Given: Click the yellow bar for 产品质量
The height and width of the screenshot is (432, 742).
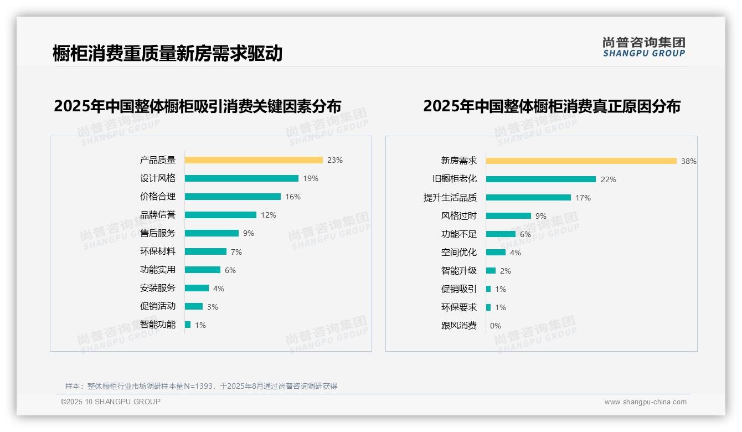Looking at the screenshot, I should (254, 160).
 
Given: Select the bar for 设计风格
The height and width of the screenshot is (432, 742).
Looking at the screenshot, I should (241, 178).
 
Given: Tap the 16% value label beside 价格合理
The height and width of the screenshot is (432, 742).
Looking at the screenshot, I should (293, 197).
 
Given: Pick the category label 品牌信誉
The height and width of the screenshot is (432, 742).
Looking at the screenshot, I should (158, 215).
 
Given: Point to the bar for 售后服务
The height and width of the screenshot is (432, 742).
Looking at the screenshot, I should (212, 233).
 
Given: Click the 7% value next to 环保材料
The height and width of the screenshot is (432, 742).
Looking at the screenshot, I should (236, 252).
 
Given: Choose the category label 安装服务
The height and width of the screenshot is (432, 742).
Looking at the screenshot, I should (158, 288).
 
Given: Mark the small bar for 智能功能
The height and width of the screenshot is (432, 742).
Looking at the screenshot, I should (188, 325).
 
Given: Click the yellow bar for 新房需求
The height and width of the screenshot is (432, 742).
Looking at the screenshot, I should (581, 161).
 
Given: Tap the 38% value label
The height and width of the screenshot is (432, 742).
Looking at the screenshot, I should (689, 161).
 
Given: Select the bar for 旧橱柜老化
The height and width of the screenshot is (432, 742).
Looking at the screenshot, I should (541, 179).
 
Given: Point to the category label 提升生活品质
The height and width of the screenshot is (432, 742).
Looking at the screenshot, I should (450, 198).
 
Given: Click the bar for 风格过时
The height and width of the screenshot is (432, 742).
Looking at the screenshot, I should (508, 215).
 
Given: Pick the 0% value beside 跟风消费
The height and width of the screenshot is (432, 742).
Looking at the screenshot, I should (496, 326).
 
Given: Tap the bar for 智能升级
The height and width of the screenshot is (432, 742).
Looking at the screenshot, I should (491, 270).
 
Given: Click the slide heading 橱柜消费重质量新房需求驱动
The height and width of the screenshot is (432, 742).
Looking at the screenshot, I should (168, 53).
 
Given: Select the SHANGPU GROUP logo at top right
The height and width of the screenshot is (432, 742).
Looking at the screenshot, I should (644, 47).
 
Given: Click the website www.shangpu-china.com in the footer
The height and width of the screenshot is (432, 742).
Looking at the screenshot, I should (645, 402).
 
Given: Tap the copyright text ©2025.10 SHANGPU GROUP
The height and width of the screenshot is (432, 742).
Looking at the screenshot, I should (111, 402).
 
